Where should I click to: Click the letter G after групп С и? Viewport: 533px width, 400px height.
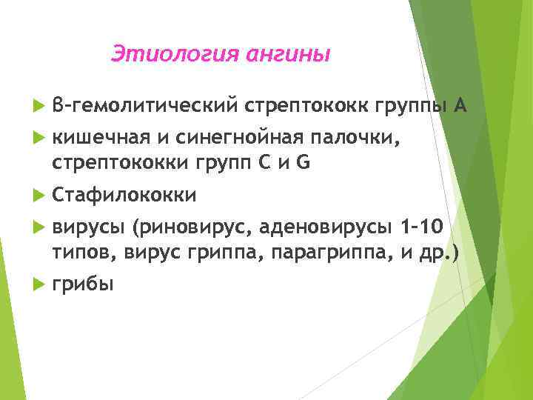coord(302,162)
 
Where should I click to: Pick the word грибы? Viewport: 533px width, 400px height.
coord(82,284)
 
